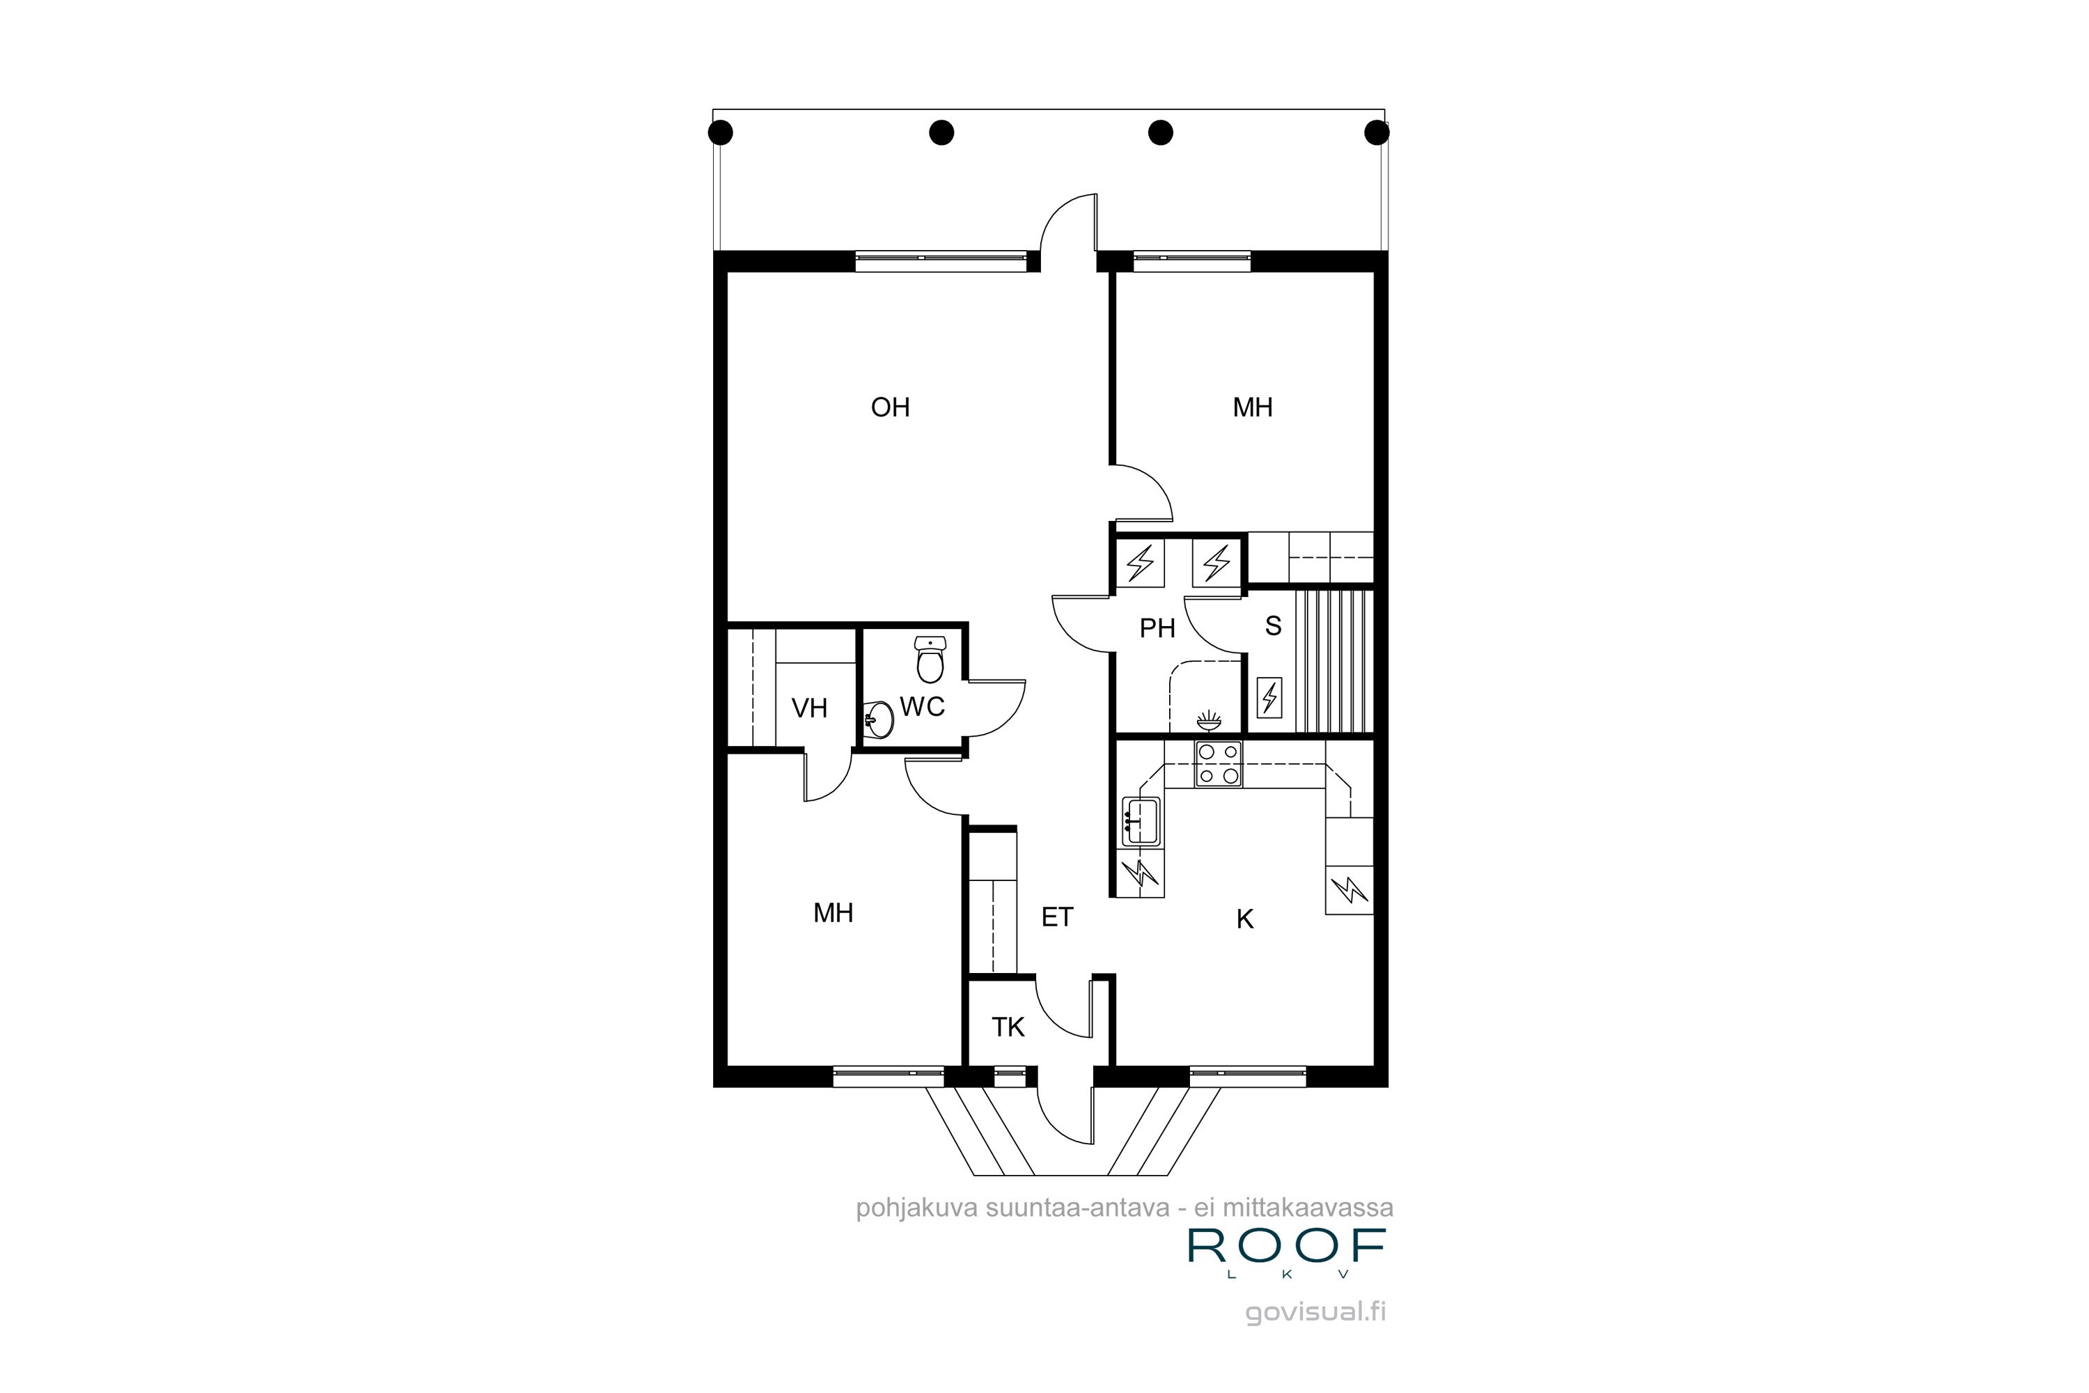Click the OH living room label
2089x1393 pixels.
pyautogui.click(x=890, y=407)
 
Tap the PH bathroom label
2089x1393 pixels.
pyautogui.click(x=1157, y=628)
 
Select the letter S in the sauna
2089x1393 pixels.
pyautogui.click(x=1273, y=625)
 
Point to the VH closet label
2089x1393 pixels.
pyautogui.click(x=809, y=708)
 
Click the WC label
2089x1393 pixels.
pyautogui.click(x=922, y=706)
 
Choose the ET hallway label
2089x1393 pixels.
pyautogui.click(x=1057, y=917)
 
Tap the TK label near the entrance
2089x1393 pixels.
pyautogui.click(x=1008, y=1027)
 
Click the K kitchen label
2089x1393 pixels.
pyautogui.click(x=1244, y=919)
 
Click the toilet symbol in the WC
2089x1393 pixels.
pyautogui.click(x=930, y=658)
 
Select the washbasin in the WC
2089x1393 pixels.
pyautogui.click(x=878, y=719)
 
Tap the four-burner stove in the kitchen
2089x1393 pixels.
pyautogui.click(x=1218, y=763)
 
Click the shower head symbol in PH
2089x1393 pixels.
pyautogui.click(x=1209, y=719)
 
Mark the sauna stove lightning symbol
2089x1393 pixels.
pyautogui.click(x=1270, y=697)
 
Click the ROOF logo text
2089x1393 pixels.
pyautogui.click(x=1287, y=1247)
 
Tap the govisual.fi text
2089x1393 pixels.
pyautogui.click(x=1315, y=1312)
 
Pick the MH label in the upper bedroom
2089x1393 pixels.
pyautogui.click(x=1252, y=407)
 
